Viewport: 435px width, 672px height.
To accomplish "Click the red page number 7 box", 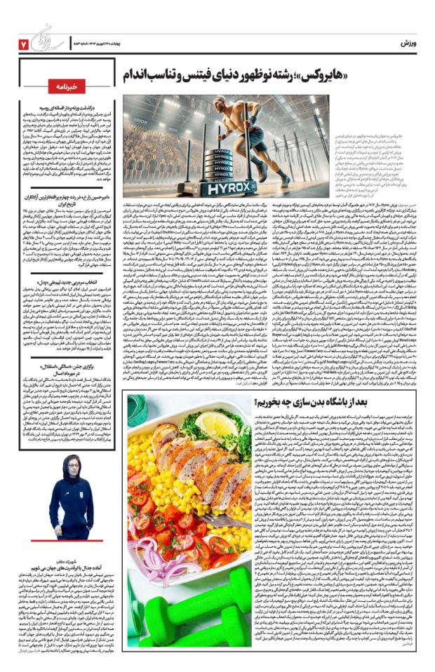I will (22, 44).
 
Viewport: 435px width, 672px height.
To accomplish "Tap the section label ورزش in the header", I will (409, 43).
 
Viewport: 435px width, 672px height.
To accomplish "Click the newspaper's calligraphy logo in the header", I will (52, 38).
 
